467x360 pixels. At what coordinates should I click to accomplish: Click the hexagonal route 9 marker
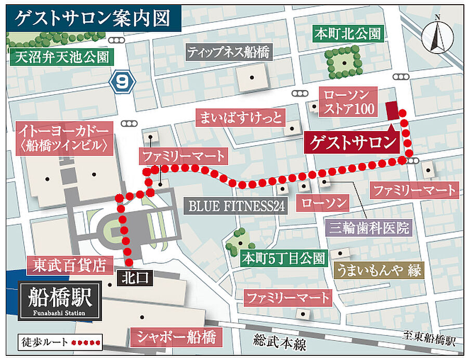click(123, 81)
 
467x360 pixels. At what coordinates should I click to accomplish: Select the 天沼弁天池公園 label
click(61, 56)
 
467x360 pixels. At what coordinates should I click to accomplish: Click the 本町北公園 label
click(348, 34)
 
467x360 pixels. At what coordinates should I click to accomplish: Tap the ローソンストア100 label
click(347, 102)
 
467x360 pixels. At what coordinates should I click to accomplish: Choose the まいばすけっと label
click(240, 118)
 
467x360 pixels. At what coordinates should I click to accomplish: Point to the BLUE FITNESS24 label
click(237, 206)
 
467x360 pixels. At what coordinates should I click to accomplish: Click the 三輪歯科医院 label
click(369, 227)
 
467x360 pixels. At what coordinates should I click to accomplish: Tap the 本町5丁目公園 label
click(284, 258)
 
